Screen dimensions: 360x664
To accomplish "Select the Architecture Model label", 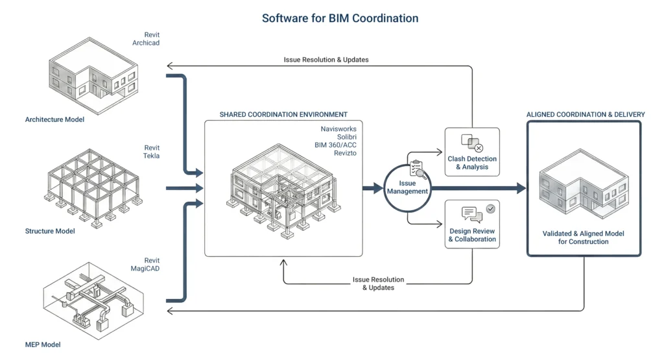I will tap(54, 119).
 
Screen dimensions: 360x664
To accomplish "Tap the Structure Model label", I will tap(50, 232).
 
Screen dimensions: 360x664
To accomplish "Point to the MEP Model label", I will tap(43, 344).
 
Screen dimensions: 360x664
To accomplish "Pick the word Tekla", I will tap(151, 156).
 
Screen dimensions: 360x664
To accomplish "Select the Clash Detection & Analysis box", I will tap(472, 152).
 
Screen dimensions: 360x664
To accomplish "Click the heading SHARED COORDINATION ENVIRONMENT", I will tap(283, 115).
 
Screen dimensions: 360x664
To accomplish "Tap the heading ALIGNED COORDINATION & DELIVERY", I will tap(586, 115).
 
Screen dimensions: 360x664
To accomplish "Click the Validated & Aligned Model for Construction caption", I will tap(584, 237).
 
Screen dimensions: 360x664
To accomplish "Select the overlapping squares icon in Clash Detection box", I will tap(471, 141).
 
